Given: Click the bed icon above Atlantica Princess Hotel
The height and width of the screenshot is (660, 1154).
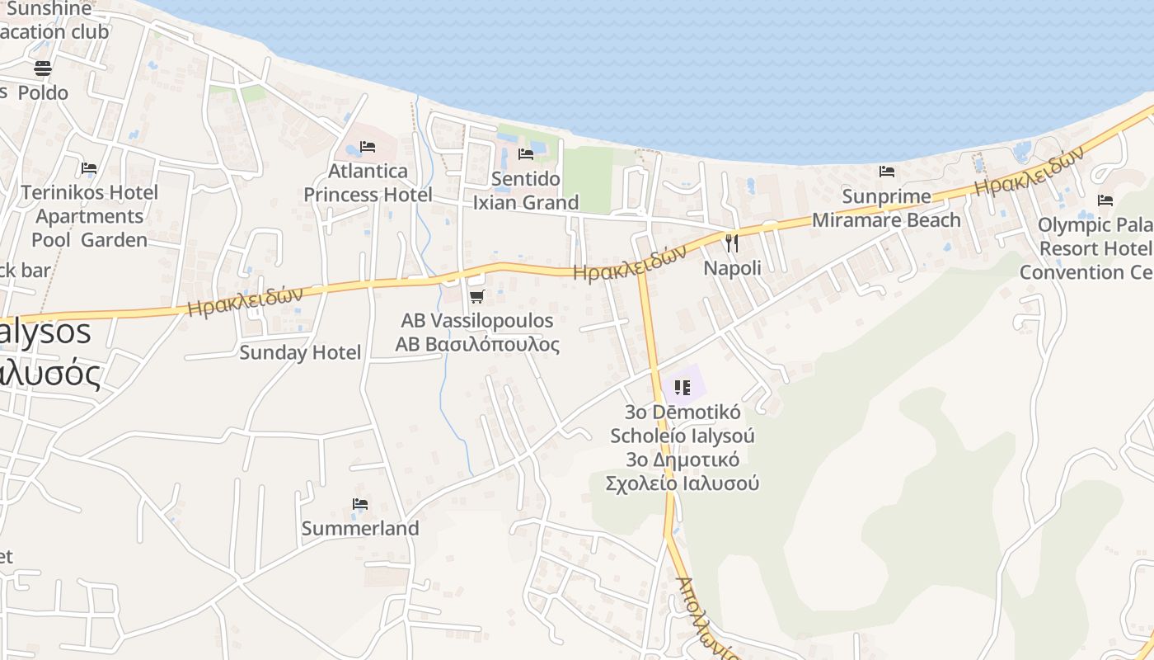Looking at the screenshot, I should (x=368, y=147).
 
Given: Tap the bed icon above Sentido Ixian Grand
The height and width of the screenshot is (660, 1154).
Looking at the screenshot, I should (x=525, y=154).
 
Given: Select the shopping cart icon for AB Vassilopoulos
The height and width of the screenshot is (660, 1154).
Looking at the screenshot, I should (x=476, y=296).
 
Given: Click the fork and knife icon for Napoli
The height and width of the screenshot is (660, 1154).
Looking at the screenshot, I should (x=731, y=243).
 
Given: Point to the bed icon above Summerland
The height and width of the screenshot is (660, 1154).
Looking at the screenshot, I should (x=359, y=504).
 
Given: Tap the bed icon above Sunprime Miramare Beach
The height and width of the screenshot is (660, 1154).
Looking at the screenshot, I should (x=887, y=172).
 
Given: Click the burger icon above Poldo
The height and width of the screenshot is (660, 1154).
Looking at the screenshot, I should (x=43, y=68).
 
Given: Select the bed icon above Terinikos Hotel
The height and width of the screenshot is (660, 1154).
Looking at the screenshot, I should (x=89, y=168).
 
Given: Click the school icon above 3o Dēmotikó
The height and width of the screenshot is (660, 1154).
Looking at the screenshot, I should (x=682, y=387).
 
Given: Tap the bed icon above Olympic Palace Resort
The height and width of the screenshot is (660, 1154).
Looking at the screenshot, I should (x=1105, y=200).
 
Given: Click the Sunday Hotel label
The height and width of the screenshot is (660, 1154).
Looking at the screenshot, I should (x=300, y=353).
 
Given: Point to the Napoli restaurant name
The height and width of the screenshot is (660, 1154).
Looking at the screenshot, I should (x=732, y=268).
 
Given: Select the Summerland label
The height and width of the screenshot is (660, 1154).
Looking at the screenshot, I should (x=360, y=528).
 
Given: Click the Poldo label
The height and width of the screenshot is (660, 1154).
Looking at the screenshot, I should (x=43, y=92).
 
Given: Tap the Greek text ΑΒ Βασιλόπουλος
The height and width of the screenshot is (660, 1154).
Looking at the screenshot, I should (x=477, y=344).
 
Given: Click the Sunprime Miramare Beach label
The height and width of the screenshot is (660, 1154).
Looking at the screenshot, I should (x=886, y=209).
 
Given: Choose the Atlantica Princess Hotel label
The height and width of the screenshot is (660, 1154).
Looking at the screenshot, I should (x=368, y=182).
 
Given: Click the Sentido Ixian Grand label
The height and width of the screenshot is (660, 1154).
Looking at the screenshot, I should (x=525, y=191).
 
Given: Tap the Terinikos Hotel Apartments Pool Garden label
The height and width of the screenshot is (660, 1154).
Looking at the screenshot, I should (x=89, y=216).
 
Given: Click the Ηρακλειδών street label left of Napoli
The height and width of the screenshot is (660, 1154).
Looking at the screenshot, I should (x=630, y=263).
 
